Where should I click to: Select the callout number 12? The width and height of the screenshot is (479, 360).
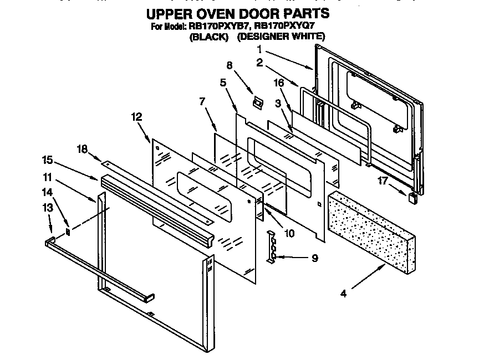[x=136, y=117]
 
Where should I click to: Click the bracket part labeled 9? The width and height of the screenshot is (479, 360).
[x=272, y=246]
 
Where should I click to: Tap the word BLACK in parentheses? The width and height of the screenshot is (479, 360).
[x=209, y=37]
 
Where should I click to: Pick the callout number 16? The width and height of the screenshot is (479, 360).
[x=279, y=83]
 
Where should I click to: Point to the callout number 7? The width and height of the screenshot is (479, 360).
[x=202, y=101]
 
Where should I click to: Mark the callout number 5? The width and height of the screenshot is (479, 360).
[x=223, y=83]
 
